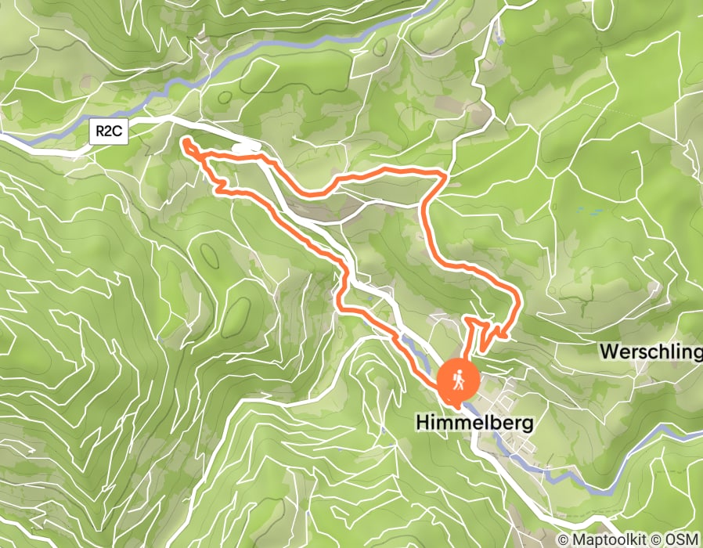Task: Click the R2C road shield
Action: pyautogui.click(x=109, y=132)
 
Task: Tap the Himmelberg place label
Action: pyautogui.click(x=474, y=424)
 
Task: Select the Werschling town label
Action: pyautogui.click(x=651, y=352)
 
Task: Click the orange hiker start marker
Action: pyautogui.click(x=459, y=380)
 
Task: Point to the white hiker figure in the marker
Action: pyautogui.click(x=459, y=378)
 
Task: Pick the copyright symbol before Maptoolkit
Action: pyautogui.click(x=564, y=539)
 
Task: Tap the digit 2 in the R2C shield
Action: pyautogui.click(x=109, y=132)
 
